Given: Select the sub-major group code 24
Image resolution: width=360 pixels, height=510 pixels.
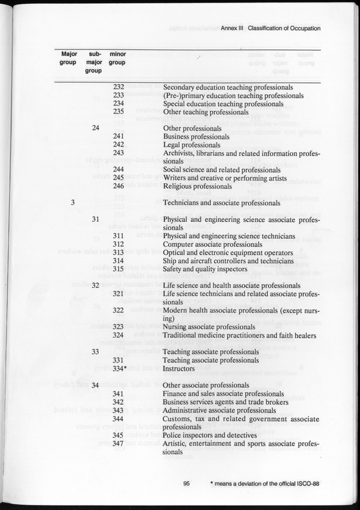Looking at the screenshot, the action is pos(96,128).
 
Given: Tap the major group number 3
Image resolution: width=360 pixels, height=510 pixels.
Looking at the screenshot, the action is pos(73,202).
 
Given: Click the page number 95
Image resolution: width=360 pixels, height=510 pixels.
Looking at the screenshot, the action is pos(186,483).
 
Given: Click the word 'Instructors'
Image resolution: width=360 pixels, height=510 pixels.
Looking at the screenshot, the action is pos(180,368).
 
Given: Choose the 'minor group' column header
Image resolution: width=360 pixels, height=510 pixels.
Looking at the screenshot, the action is pos(117,58).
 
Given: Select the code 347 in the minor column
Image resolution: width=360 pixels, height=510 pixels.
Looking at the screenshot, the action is pos(119,444).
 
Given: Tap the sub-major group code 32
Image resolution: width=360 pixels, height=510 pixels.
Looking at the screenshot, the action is pos(96,285).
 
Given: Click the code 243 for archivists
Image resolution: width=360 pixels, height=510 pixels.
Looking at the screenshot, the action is pos(119,153).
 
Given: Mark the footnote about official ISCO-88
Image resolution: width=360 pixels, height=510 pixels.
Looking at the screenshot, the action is pos(264,483).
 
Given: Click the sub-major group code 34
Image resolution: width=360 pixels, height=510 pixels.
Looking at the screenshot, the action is pos(96,385).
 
